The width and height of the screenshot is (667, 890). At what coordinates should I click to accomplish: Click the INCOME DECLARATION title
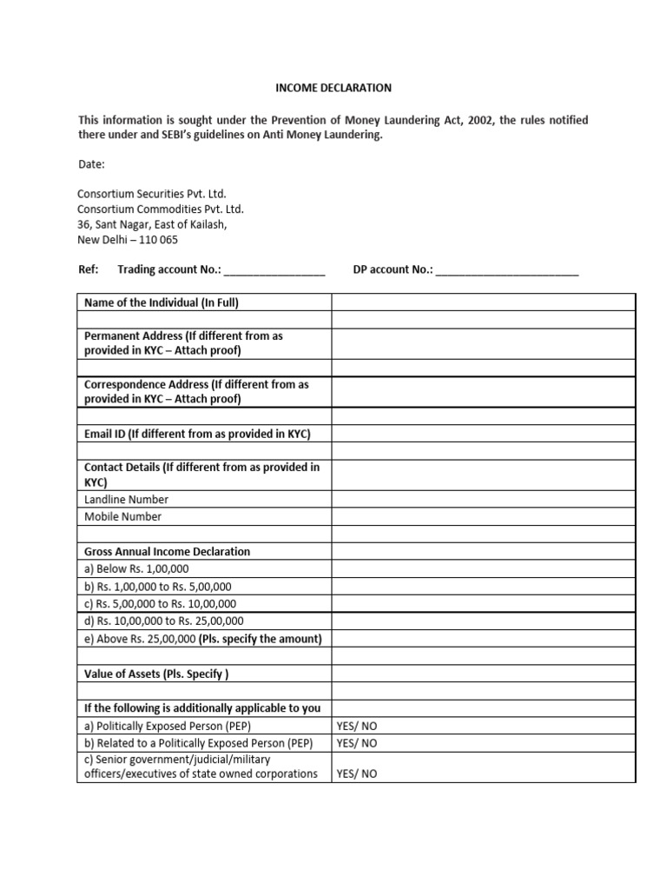[x=333, y=88]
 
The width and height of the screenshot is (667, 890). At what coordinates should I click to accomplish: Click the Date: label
[x=91, y=163]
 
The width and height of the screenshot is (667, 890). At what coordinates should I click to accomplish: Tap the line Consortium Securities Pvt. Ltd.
[x=152, y=194]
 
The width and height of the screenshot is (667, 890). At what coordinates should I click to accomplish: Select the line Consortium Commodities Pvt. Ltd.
[x=161, y=209]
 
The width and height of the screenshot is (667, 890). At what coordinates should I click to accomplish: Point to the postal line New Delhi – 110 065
[x=128, y=240]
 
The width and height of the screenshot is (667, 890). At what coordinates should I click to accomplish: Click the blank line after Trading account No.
[x=274, y=270]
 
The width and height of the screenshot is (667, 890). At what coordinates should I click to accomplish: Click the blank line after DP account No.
[x=507, y=270]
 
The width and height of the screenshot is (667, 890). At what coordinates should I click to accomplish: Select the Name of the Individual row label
[x=161, y=302]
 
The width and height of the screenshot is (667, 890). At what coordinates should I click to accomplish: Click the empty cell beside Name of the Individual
[x=483, y=302]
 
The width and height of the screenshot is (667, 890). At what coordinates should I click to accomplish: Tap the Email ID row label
[x=197, y=434]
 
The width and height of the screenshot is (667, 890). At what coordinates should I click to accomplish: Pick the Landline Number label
[x=127, y=500]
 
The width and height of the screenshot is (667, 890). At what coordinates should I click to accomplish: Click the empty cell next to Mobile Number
[x=483, y=517]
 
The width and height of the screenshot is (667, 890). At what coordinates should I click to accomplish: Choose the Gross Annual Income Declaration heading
[x=167, y=552]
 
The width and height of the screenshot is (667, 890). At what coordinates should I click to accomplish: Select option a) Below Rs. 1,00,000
[x=136, y=569]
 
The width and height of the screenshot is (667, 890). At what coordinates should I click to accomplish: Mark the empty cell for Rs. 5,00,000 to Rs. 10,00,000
[x=483, y=604]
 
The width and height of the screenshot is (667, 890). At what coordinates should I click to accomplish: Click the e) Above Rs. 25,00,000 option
[x=202, y=639]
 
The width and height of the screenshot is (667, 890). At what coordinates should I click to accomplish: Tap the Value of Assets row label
[x=156, y=674]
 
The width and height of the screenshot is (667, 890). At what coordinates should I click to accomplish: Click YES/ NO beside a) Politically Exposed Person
[x=357, y=726]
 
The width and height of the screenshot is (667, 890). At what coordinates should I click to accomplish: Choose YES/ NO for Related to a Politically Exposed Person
[x=357, y=743]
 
